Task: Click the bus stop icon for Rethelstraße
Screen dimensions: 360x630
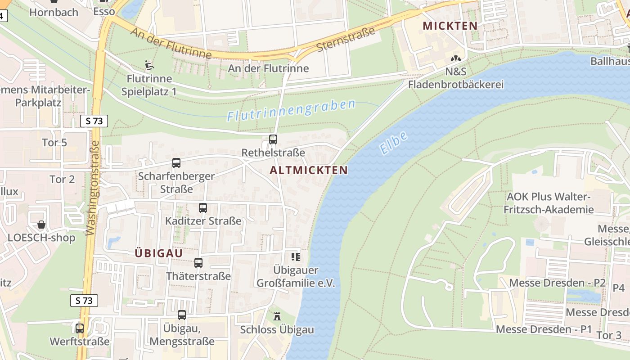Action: [273, 139]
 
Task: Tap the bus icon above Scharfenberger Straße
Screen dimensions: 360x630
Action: [176, 163]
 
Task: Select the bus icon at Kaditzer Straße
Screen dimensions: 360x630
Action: [203, 208]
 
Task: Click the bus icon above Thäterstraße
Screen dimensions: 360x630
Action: [198, 263]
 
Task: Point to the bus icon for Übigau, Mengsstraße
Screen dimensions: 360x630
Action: [182, 315]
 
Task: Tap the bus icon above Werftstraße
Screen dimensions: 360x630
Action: [80, 328]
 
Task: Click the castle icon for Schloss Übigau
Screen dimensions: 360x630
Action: [277, 316]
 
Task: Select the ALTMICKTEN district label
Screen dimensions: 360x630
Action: [309, 170]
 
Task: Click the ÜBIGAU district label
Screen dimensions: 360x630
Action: [159, 253]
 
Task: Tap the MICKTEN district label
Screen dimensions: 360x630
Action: [450, 26]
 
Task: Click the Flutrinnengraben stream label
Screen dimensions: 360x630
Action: [291, 110]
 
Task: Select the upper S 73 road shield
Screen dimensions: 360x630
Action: [94, 121]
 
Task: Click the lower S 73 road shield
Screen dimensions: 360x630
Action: [84, 301]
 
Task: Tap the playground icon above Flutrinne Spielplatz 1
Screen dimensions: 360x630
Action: [149, 66]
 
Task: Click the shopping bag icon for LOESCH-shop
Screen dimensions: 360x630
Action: [41, 224]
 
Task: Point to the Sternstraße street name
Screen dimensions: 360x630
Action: [346, 40]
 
